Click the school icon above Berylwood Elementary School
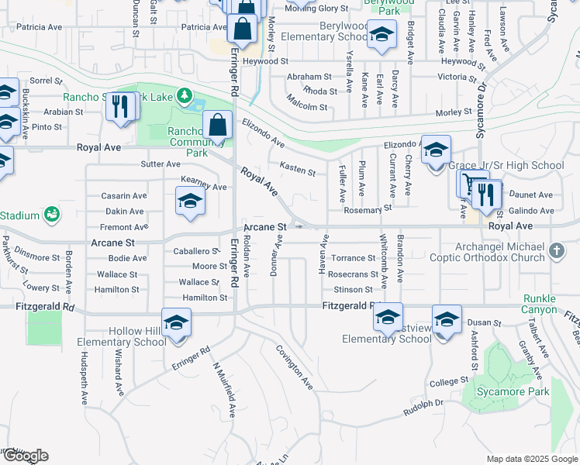(x=381, y=34)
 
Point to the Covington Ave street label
(x=295, y=367)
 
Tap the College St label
(x=444, y=383)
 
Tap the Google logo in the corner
(x=25, y=456)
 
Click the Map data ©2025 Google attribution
(x=531, y=459)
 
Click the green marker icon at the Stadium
(x=52, y=213)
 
